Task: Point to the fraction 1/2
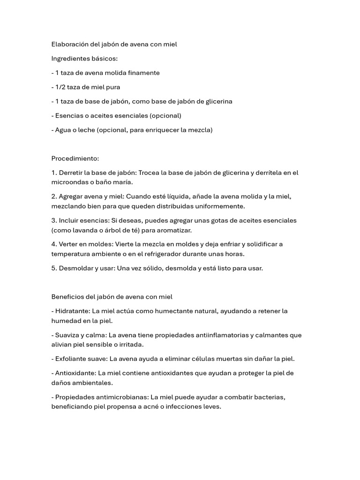(60, 87)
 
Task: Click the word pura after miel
(112, 87)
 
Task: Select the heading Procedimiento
(75, 158)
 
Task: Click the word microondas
(69, 182)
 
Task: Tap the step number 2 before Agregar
(53, 196)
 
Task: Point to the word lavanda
(85, 230)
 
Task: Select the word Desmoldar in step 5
(75, 269)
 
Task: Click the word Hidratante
(72, 311)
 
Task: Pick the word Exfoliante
(71, 359)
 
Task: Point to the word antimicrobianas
(118, 397)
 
